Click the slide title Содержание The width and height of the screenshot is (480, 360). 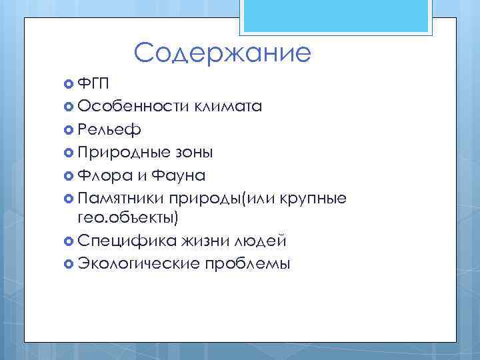click(222, 53)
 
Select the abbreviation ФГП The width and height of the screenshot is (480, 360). click(94, 83)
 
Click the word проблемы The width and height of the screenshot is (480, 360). click(248, 263)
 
